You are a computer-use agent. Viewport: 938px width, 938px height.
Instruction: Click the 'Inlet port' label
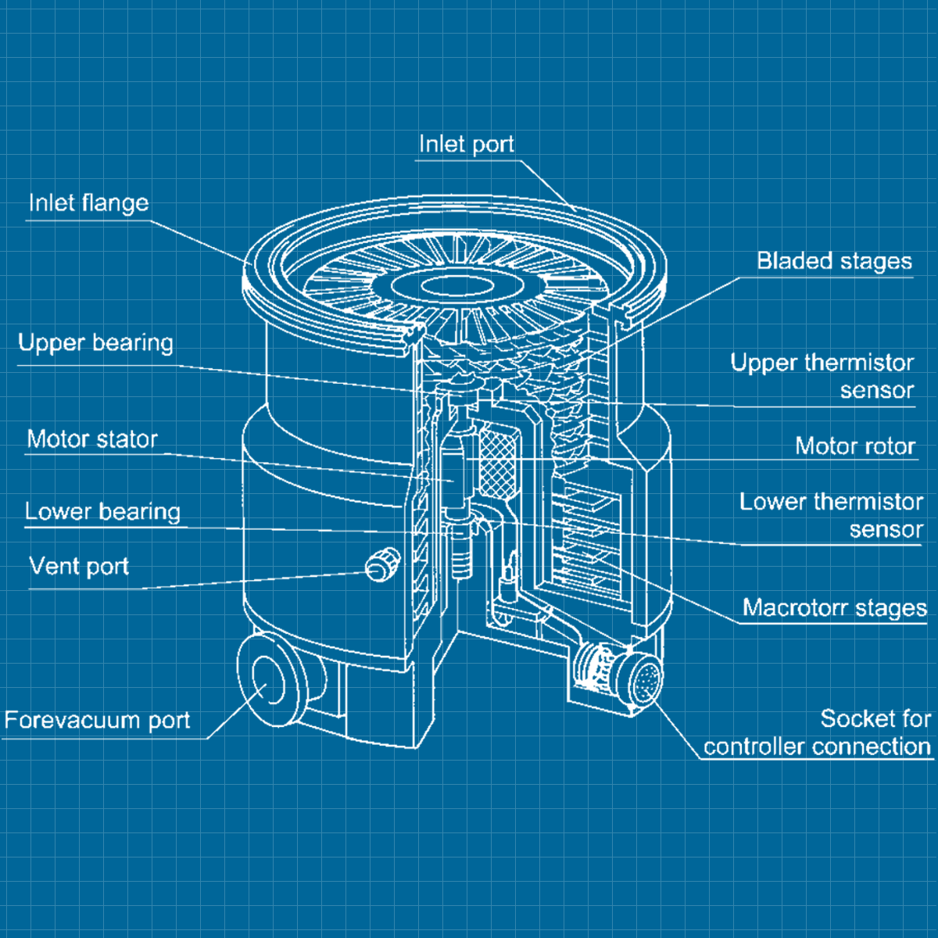pyautogui.click(x=466, y=145)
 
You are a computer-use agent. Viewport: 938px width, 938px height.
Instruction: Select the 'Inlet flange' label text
pyautogui.click(x=88, y=203)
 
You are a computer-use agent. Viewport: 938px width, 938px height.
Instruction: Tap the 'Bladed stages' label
pyautogui.click(x=834, y=261)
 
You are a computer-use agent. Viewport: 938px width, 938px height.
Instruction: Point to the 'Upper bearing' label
pyautogui.click(x=95, y=343)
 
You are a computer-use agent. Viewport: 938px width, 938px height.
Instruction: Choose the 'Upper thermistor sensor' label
pyautogui.click(x=822, y=376)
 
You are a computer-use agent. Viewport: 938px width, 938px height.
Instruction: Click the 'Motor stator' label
pyautogui.click(x=92, y=439)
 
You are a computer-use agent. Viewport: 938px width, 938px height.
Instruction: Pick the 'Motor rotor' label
pyautogui.click(x=854, y=446)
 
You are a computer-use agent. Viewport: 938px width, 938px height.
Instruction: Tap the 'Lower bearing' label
pyautogui.click(x=102, y=512)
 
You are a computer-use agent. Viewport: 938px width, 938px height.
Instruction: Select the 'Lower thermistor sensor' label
pyautogui.click(x=831, y=515)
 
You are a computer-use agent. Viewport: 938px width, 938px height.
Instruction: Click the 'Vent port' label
pyautogui.click(x=79, y=566)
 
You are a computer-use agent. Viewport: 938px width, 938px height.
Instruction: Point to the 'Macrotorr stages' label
pyautogui.click(x=834, y=608)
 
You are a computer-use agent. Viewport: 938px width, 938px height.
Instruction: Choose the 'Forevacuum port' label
pyautogui.click(x=97, y=721)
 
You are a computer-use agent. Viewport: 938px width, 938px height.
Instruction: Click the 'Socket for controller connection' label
pyautogui.click(x=817, y=732)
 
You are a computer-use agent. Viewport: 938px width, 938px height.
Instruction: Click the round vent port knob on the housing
pyautogui.click(x=382, y=565)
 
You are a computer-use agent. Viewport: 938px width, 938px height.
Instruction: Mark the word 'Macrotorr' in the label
pyautogui.click(x=796, y=608)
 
